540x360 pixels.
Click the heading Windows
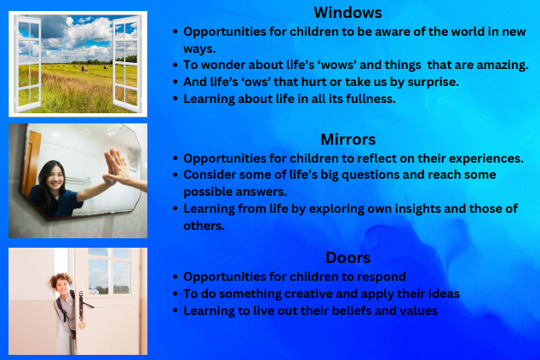[x=348, y=13]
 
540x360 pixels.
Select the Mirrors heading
[x=348, y=140]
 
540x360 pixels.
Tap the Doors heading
[x=348, y=258]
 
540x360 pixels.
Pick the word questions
[x=370, y=175]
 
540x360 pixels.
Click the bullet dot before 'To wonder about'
[x=175, y=65]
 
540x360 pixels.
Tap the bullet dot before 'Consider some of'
[x=175, y=175]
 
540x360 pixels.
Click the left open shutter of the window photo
[x=27, y=64]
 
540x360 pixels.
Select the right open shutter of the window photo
[x=127, y=64]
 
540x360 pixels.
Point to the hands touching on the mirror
[x=115, y=167]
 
